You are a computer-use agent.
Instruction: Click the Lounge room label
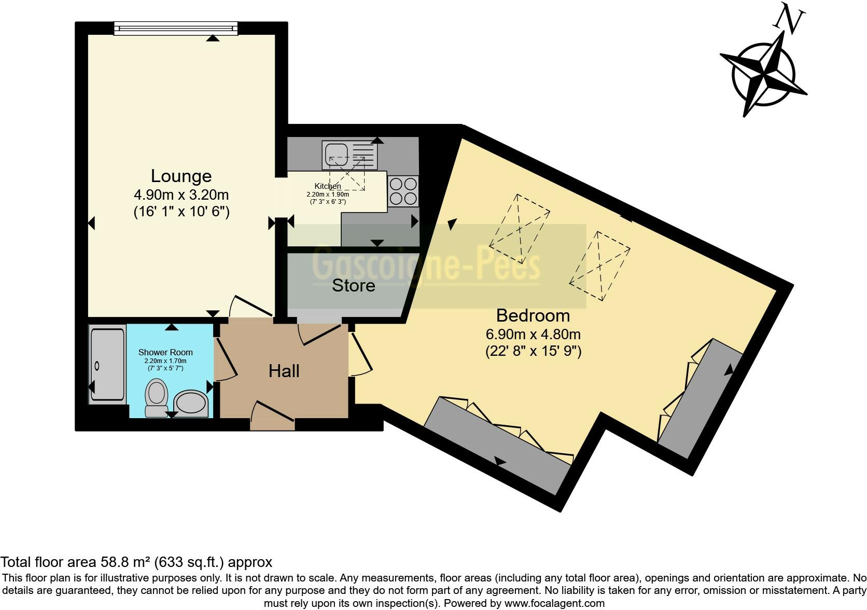(181, 176)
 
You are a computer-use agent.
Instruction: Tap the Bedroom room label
(533, 315)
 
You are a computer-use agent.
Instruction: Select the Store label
(353, 285)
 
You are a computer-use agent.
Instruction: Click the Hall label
(284, 371)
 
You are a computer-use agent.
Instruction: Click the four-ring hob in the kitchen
(403, 191)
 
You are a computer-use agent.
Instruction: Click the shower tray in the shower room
(107, 365)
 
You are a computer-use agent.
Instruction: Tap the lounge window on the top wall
(175, 29)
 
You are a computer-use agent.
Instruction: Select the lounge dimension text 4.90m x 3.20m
(181, 195)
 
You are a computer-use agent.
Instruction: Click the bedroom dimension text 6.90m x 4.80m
(533, 334)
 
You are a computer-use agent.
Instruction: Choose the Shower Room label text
(165, 352)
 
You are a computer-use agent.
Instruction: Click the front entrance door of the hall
(272, 418)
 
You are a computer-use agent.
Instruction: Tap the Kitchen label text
(328, 186)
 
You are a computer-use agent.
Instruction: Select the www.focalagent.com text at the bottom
(554, 603)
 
